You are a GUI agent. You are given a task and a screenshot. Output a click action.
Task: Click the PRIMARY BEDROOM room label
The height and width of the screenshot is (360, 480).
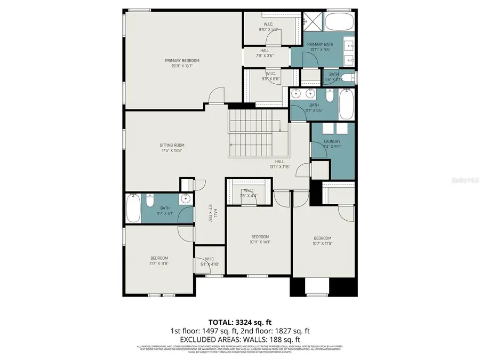pyautogui.click(x=182, y=63)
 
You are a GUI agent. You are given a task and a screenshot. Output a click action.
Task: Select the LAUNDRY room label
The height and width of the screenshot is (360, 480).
pyautogui.click(x=332, y=144)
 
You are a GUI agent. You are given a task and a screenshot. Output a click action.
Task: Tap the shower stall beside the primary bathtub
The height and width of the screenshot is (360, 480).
pyautogui.click(x=313, y=22)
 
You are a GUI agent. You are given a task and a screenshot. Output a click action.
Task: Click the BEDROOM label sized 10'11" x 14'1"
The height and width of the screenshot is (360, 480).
pyautogui.click(x=260, y=239)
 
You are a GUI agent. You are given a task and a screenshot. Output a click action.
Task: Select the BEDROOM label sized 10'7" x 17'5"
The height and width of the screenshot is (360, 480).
pyautogui.click(x=322, y=241)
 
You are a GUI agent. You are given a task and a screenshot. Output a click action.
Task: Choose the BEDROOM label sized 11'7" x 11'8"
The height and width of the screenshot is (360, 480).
pyautogui.click(x=159, y=261)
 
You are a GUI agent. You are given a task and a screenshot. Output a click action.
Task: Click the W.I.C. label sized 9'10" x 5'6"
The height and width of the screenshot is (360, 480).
pyautogui.click(x=269, y=27)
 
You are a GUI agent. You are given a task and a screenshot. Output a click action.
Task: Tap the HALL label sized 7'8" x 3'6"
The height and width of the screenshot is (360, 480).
pyautogui.click(x=265, y=53)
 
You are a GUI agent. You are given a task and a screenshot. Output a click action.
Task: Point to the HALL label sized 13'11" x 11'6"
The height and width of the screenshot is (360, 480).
pyautogui.click(x=279, y=164)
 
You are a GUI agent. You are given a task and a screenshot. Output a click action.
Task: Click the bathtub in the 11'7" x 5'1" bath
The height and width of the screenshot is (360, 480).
pyautogui.click(x=133, y=209)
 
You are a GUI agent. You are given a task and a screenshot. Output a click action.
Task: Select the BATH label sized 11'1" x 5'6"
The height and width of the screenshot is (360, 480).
pyautogui.click(x=314, y=108)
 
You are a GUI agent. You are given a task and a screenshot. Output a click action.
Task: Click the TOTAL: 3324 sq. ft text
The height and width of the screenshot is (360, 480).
pyautogui.click(x=239, y=322)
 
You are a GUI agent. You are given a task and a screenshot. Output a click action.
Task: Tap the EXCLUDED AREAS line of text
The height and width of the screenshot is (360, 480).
pyautogui.click(x=239, y=339)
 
